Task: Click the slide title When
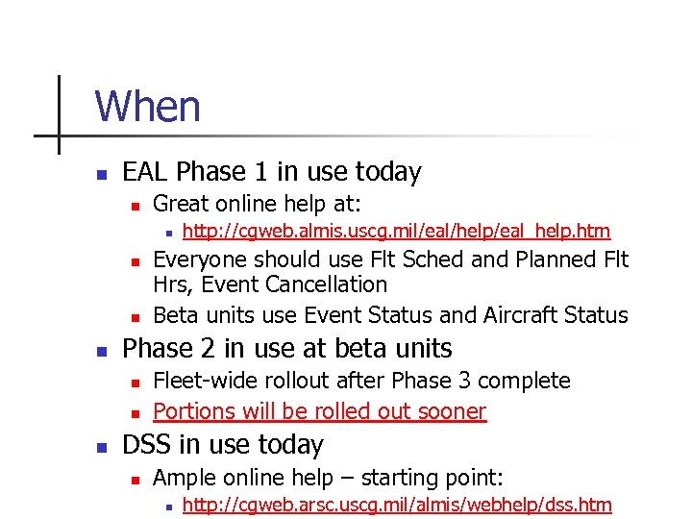[x=147, y=106]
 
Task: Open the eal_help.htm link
[x=396, y=231]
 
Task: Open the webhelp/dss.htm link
[x=396, y=506]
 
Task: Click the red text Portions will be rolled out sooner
[x=319, y=411]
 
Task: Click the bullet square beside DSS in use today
[x=100, y=446]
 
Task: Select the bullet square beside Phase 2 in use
[x=100, y=349]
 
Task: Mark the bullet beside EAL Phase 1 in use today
[x=100, y=174]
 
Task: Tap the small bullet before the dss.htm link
[x=167, y=507]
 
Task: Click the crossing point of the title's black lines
[x=59, y=136]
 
